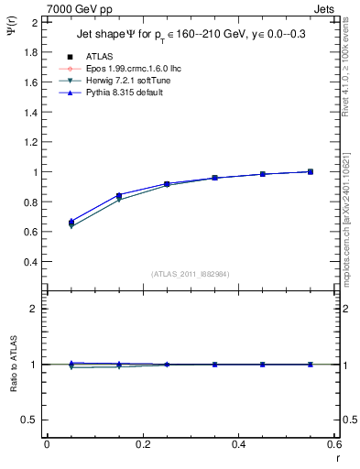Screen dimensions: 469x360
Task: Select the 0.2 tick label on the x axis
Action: tap(143, 444)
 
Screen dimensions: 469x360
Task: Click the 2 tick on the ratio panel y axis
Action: tap(35, 309)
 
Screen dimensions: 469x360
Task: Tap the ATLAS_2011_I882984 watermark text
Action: tap(190, 273)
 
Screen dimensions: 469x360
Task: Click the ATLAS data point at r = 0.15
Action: tap(118, 195)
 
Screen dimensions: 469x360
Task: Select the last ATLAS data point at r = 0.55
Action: tap(311, 171)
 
